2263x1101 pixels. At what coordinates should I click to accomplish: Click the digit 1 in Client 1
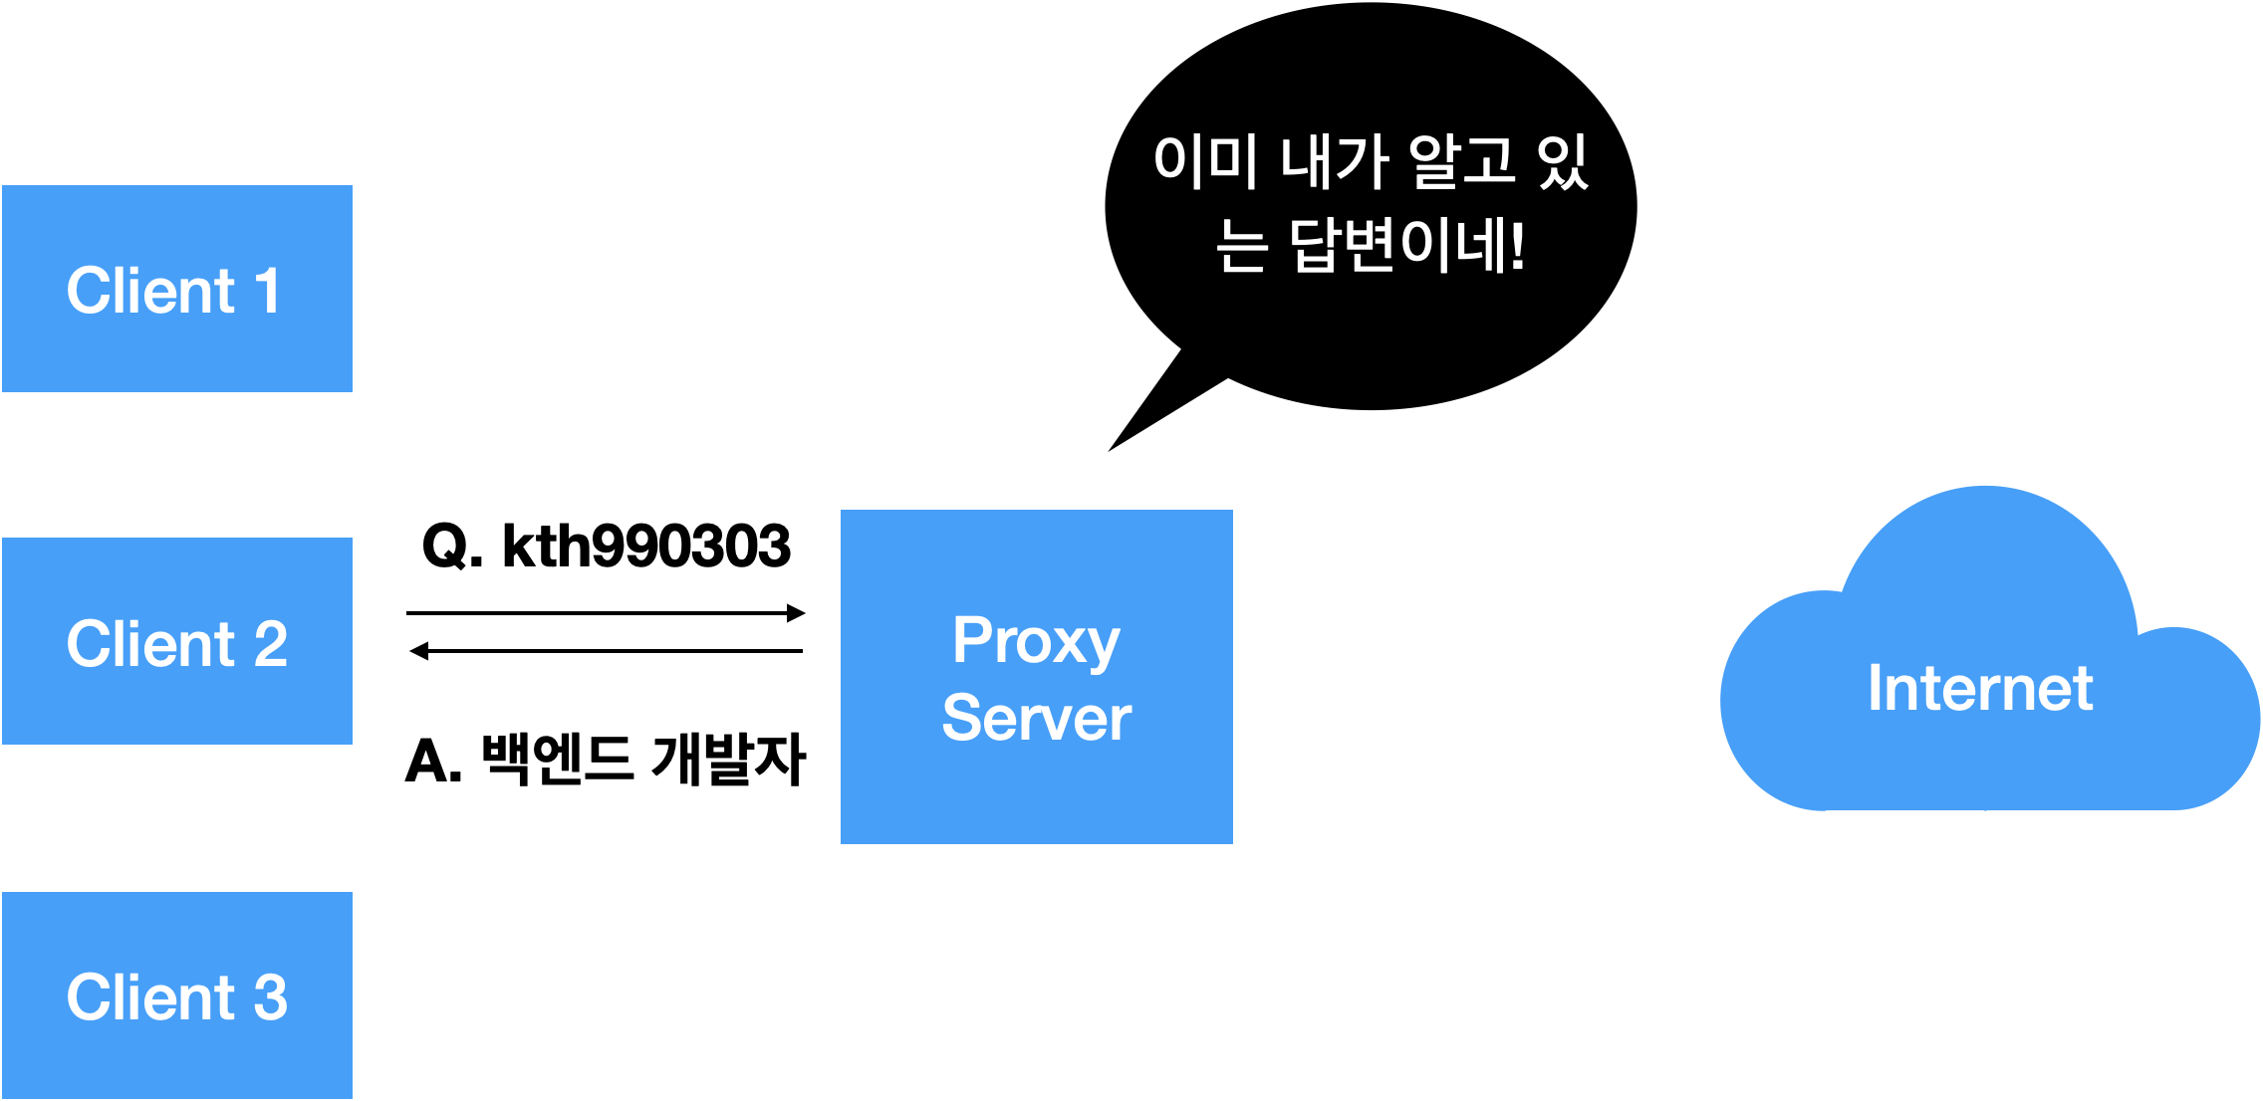[267, 291]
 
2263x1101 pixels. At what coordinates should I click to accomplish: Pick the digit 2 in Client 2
[270, 643]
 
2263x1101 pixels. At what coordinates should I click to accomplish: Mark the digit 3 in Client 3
[270, 996]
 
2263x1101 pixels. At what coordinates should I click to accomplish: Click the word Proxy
[1036, 642]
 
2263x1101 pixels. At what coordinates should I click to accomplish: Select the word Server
[1036, 718]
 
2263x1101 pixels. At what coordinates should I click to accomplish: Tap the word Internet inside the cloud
[1980, 688]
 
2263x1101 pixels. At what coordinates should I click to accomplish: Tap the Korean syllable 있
[1562, 161]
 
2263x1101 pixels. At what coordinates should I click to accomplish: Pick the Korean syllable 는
[1241, 246]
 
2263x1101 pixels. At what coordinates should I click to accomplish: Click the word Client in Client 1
[150, 291]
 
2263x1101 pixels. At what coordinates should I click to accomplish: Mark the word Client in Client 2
[150, 643]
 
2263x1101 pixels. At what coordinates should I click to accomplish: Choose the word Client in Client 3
[150, 996]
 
